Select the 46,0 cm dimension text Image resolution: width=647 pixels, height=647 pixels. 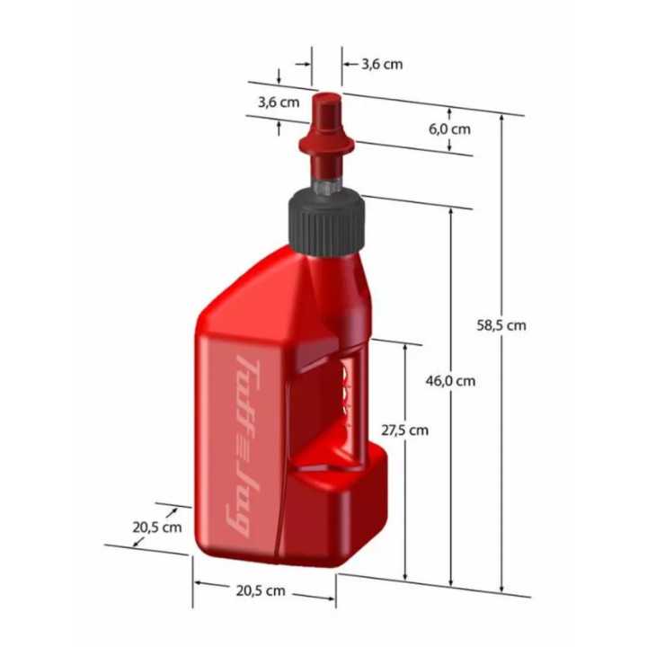coord(451,380)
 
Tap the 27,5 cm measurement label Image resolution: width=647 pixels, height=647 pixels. coord(405,430)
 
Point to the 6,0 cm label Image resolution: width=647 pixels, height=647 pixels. coord(449,129)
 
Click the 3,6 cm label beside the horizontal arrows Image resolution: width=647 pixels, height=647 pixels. coord(382,64)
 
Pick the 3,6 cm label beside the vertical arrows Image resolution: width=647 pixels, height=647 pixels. coord(279,102)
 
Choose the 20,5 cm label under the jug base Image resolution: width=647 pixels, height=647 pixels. coord(261,590)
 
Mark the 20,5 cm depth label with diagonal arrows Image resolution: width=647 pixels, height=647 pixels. coord(157,527)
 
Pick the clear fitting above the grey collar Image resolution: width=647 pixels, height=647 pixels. coord(325,186)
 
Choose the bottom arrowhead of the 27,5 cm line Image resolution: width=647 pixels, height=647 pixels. coord(406,574)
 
